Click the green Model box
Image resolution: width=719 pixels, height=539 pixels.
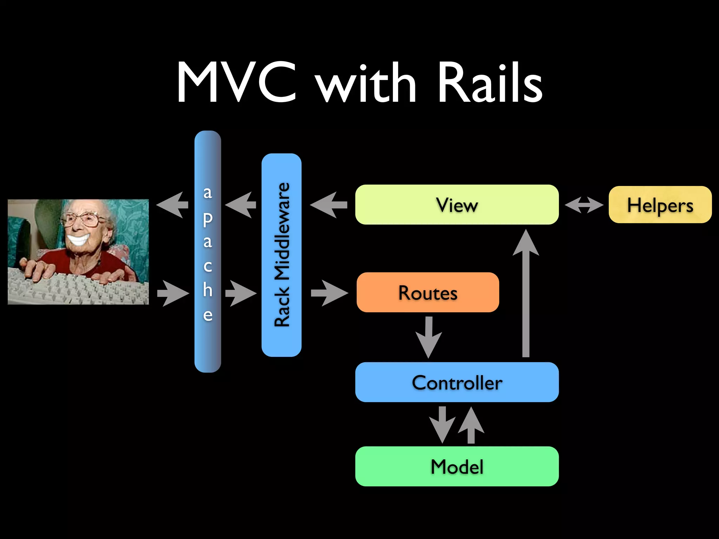pos(457,466)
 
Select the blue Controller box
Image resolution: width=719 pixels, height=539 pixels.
pos(457,382)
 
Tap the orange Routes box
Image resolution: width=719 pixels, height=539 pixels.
pos(428,292)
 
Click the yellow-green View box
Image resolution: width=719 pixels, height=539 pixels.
pos(457,205)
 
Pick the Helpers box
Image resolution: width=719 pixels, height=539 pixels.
pos(660,205)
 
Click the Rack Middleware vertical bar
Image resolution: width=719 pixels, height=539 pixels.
pos(282,255)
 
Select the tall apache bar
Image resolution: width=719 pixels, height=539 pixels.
pos(207,252)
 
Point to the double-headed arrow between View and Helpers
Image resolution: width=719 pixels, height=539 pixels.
pos(584,205)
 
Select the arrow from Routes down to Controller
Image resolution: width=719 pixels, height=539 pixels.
pos(429,337)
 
